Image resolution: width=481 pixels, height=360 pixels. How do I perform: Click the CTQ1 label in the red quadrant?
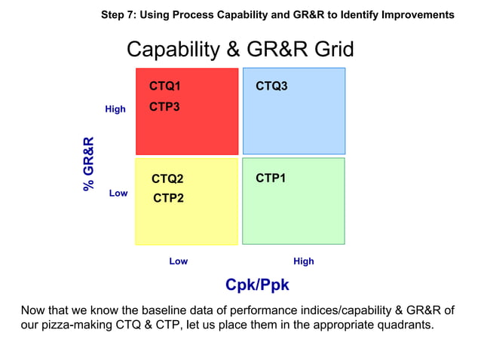point(164,87)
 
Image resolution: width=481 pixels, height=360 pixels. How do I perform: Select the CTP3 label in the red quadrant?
point(164,107)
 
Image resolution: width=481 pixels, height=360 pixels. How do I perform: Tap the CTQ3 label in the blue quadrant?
point(271,87)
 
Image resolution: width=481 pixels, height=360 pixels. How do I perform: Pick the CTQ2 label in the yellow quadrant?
point(167,179)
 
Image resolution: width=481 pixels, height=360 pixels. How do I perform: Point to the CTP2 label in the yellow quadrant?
point(169,198)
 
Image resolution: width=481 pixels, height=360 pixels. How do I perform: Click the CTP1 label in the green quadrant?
point(271,178)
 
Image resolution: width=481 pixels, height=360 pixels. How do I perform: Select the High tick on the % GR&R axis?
point(115,109)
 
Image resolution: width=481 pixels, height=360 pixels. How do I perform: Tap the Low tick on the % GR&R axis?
point(118,194)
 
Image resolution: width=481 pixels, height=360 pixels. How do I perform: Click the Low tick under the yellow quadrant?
point(178,261)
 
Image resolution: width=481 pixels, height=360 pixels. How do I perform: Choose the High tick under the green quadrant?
point(303,261)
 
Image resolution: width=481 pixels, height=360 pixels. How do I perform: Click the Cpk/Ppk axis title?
point(257,285)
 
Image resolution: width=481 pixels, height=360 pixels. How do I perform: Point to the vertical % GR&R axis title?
point(89,163)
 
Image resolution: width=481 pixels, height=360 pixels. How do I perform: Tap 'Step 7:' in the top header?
point(118,14)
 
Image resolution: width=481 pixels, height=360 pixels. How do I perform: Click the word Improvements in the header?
point(419,14)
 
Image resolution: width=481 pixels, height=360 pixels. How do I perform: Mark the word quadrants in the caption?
point(406,326)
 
